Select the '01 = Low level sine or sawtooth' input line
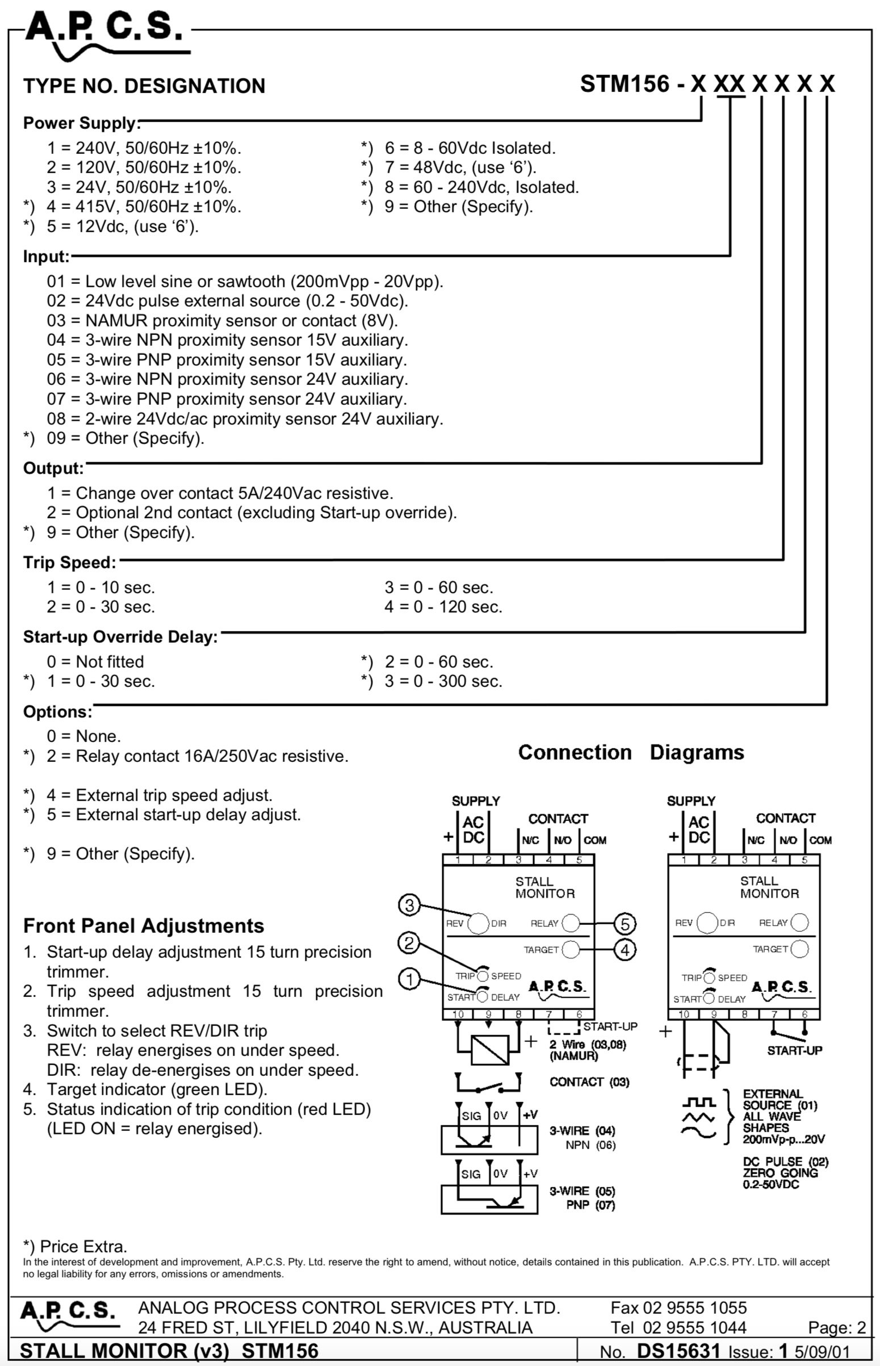(245, 282)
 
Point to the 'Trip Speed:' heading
(70, 563)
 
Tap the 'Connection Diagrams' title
(631, 752)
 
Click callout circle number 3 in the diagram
(409, 905)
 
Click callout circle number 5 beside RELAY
(625, 924)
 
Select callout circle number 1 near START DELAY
(409, 980)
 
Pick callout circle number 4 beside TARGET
(625, 950)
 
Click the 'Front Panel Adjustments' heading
(144, 925)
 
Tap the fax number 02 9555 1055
(678, 1308)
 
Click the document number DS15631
(678, 1351)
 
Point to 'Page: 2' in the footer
(837, 1328)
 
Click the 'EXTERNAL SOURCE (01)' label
(780, 1099)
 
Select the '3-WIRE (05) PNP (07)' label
(583, 1198)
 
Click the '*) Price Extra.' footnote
(75, 1246)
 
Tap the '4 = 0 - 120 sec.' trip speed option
(443, 607)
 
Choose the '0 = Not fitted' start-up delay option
(95, 661)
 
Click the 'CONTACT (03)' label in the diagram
(589, 1082)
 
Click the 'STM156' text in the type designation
(625, 84)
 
